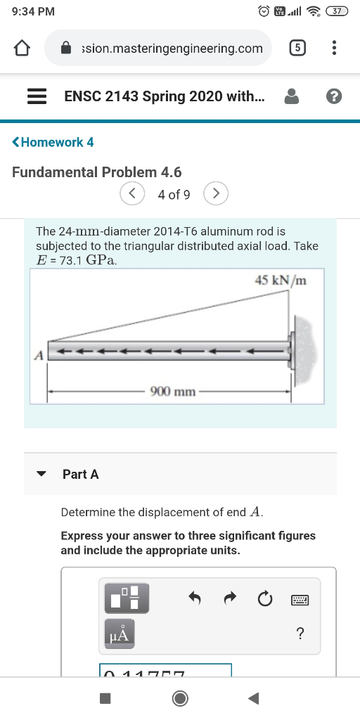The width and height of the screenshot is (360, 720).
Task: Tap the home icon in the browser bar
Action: point(22,49)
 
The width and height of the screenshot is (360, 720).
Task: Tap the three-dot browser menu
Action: point(334,49)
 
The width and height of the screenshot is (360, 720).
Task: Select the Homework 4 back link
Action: point(53,142)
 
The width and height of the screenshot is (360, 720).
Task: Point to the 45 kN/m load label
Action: point(281,281)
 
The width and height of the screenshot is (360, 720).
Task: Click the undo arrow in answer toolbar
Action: point(196,598)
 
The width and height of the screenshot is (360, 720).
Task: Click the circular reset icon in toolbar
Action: point(264,599)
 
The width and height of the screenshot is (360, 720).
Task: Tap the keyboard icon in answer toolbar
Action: point(300,600)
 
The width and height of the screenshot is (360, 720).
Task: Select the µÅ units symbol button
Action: point(119,634)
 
